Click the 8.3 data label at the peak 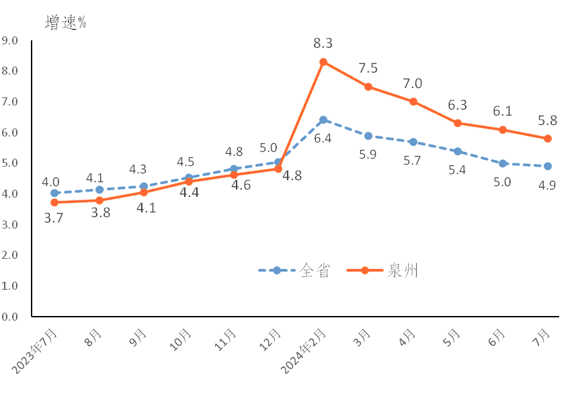point(323,44)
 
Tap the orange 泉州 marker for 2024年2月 point(323,62)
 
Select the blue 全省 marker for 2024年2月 point(323,120)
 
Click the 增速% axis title point(66,22)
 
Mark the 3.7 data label point(53,218)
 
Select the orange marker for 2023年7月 point(54,202)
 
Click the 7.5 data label point(368,68)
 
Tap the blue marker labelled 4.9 point(548,166)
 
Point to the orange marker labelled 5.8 point(548,138)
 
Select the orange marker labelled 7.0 point(413,102)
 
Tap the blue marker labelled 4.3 point(144,186)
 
